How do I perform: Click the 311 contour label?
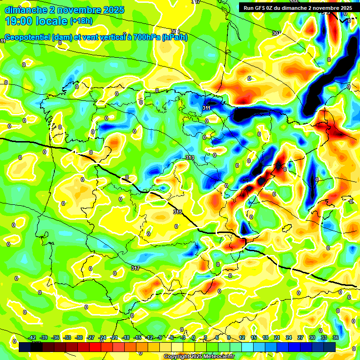pyautogui.click(x=206, y=108)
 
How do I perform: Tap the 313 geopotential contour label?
pyautogui.click(x=190, y=157)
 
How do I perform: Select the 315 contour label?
pyautogui.click(x=177, y=212)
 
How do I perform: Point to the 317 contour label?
pyautogui.click(x=135, y=268)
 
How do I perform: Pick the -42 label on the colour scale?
pyautogui.click(x=32, y=337)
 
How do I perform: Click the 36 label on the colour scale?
pyautogui.click(x=336, y=337)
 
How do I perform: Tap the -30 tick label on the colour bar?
pyautogui.click(x=79, y=337)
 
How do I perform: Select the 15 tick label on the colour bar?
pyautogui.click(x=254, y=337)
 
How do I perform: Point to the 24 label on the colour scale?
pyautogui.click(x=289, y=337)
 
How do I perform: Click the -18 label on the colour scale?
pyautogui.click(x=126, y=337)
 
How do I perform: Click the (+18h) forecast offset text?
pyautogui.click(x=81, y=21)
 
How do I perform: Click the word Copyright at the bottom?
pyautogui.click(x=178, y=357)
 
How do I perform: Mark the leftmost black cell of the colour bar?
pyautogui.click(x=25, y=347)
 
